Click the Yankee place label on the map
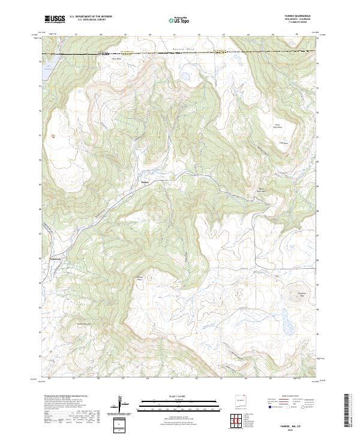pyautogui.click(x=144, y=182)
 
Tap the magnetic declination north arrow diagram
pyautogui.click(x=123, y=406)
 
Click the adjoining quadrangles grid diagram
pyautogui.click(x=236, y=419)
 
